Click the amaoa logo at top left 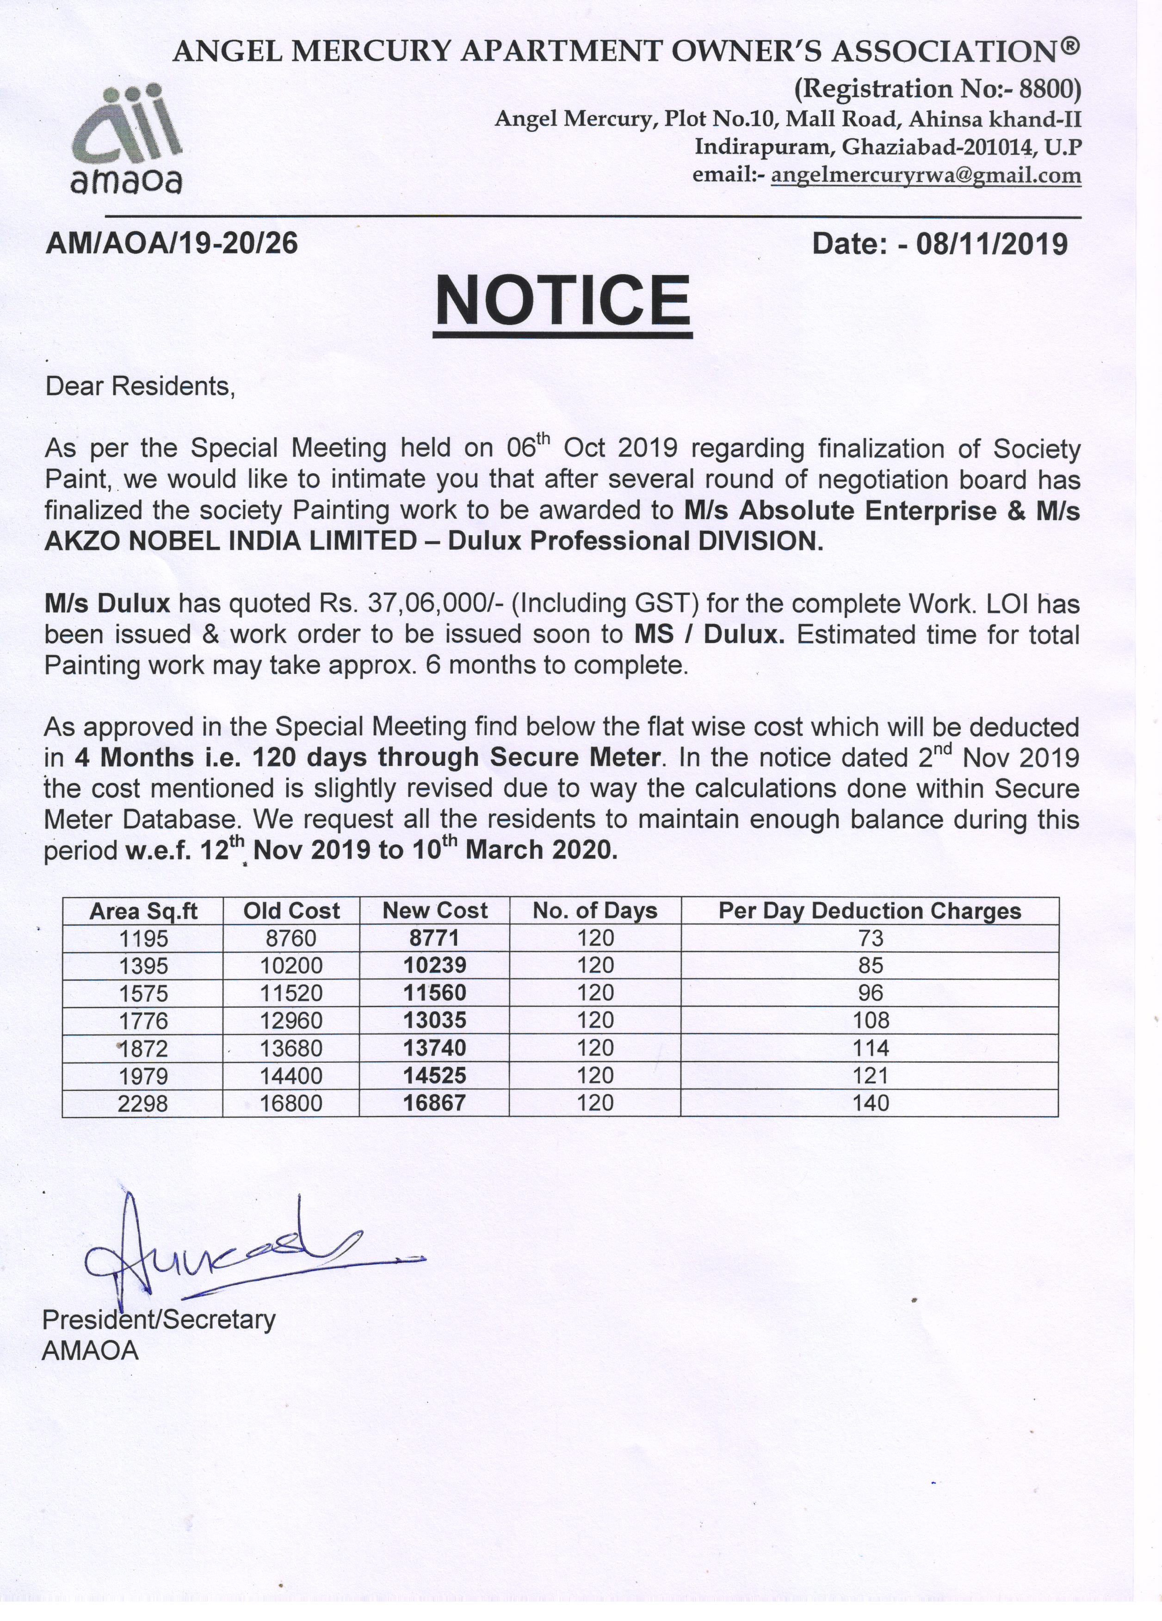pyautogui.click(x=127, y=140)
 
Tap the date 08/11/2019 pyautogui.click(x=992, y=245)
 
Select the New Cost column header pyautogui.click(x=435, y=911)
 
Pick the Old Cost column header pyautogui.click(x=291, y=911)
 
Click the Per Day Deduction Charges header pyautogui.click(x=870, y=911)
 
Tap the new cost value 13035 pyautogui.click(x=435, y=1020)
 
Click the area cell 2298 pyautogui.click(x=143, y=1103)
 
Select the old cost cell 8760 pyautogui.click(x=291, y=938)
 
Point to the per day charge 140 pyautogui.click(x=870, y=1103)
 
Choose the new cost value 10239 pyautogui.click(x=435, y=966)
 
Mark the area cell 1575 pyautogui.click(x=143, y=993)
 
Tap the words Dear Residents pyautogui.click(x=140, y=387)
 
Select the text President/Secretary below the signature pyautogui.click(x=159, y=1319)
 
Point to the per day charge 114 pyautogui.click(x=870, y=1048)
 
